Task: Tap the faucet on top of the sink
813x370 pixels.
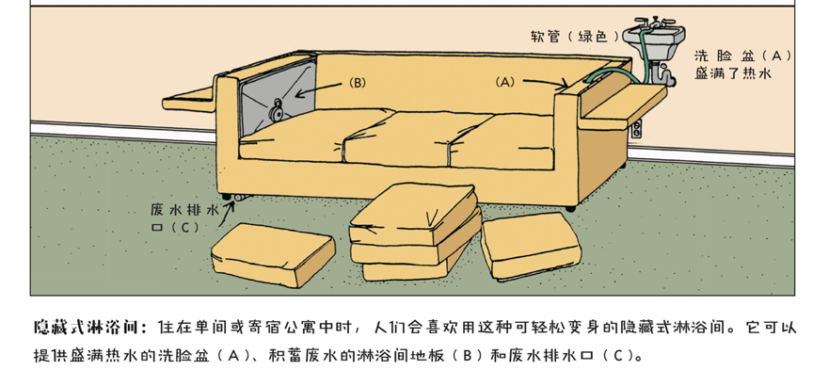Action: tap(654, 23)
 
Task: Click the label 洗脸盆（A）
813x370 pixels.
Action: tap(744, 56)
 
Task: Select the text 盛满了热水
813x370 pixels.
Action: tap(733, 73)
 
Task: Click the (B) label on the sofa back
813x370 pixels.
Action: tap(357, 83)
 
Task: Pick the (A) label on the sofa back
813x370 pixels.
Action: tap(504, 82)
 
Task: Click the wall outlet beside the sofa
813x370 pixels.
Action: tap(637, 128)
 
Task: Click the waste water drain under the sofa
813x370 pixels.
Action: tap(239, 199)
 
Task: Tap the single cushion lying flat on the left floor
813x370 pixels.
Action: tap(272, 254)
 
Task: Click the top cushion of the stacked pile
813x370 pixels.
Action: tap(413, 214)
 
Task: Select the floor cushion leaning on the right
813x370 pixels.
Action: tap(532, 246)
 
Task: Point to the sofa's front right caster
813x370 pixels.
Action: tap(570, 208)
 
